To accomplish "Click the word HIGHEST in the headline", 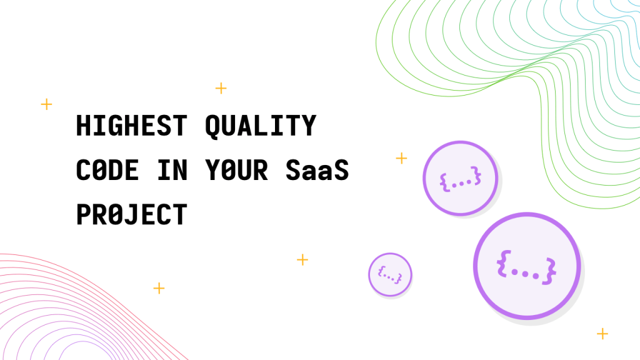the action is (x=131, y=125).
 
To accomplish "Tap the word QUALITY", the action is (x=261, y=126).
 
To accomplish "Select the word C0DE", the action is (x=107, y=170).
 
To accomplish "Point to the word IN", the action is (x=172, y=170).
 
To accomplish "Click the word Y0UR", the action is (x=236, y=170).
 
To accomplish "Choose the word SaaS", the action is (x=317, y=170).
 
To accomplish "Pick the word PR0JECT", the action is (x=131, y=215).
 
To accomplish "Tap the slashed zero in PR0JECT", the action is (x=116, y=215).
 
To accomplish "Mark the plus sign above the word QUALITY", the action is (x=221, y=88).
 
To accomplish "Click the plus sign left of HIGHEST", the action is (x=46, y=104).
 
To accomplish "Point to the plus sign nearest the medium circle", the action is (x=402, y=158).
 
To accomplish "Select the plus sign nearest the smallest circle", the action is (x=302, y=259).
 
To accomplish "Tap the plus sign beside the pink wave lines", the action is (x=159, y=288).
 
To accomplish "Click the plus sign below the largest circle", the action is (x=602, y=334).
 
